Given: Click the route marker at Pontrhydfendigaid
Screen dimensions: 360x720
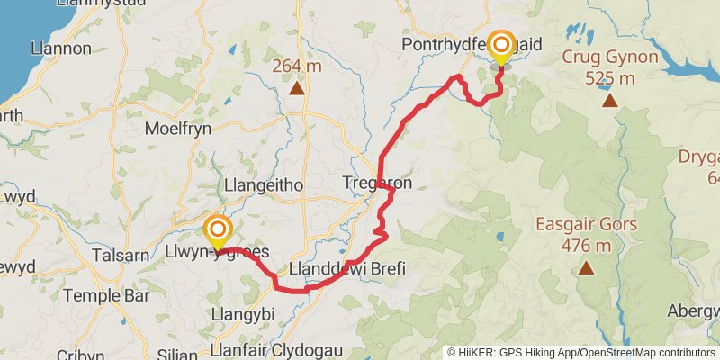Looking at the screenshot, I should click(501, 46).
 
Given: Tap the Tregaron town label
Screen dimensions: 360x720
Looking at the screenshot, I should click(377, 183).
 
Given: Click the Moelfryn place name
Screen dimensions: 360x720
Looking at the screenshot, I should click(178, 128).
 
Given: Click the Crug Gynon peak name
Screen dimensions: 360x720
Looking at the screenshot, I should click(609, 58).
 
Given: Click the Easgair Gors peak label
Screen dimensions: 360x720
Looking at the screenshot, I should click(587, 225).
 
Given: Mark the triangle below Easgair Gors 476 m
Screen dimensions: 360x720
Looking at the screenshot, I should click(587, 267).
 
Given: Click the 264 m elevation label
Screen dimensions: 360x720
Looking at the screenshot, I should click(297, 66).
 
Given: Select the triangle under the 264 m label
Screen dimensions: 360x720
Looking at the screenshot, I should click(297, 88).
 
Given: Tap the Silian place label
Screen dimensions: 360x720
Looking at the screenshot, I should click(177, 354).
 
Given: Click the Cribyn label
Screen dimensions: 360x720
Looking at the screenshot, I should click(80, 355).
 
